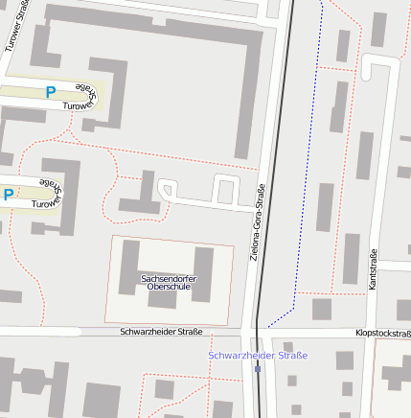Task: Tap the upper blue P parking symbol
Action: pos(51,93)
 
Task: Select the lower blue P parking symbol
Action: pos(8,195)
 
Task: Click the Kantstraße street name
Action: pos(373,271)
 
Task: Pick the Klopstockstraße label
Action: pos(383,334)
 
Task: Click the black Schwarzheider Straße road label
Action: pos(161,332)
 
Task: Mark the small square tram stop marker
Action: pos(257,367)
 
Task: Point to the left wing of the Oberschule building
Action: pos(130,264)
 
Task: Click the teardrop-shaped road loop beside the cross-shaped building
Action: pos(166,189)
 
